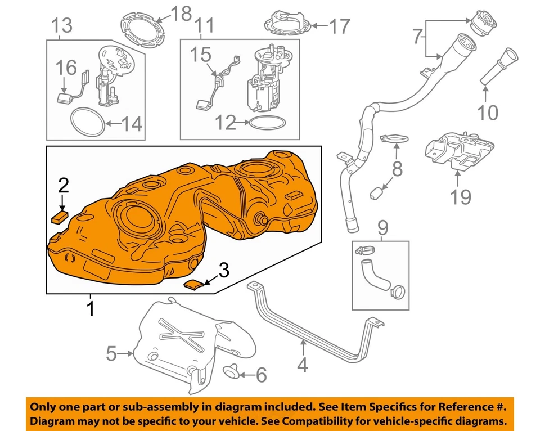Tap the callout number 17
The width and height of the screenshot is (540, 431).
pos(340,25)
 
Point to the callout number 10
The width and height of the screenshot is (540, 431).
pos(488,112)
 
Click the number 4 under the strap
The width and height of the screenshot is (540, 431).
pos(302,365)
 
